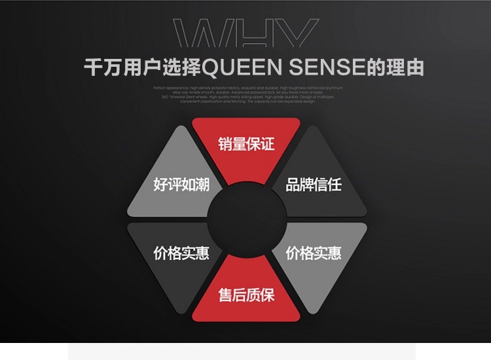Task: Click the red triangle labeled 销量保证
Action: click(246, 145)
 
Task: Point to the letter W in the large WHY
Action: click(204, 35)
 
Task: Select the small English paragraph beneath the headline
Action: click(246, 94)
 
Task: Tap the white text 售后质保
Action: click(246, 295)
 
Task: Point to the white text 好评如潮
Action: click(181, 184)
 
